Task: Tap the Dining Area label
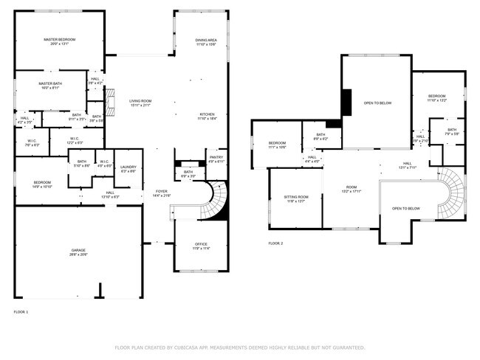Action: pos(206,41)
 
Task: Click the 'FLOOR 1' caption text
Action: pos(21,313)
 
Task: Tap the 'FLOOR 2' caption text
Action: pos(275,243)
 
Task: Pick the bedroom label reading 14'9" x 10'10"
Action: pos(41,184)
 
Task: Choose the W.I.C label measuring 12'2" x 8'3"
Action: pos(75,140)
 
